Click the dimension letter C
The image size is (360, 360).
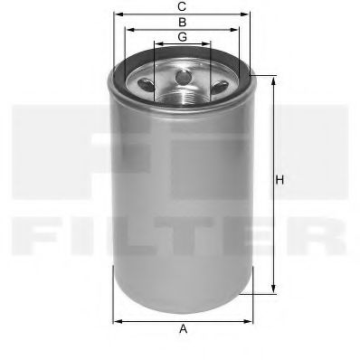pos(183,8)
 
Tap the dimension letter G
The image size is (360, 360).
pos(183,36)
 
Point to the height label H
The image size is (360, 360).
pos(280,181)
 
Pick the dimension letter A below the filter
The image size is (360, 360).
pos(184,330)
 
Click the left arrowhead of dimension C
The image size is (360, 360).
pos(116,15)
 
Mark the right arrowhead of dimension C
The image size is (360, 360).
pos(250,15)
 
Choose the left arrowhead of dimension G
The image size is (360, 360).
pos(156,43)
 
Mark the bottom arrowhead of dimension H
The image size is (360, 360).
pos(270,291)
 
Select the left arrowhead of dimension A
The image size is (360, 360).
pos(116,320)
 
